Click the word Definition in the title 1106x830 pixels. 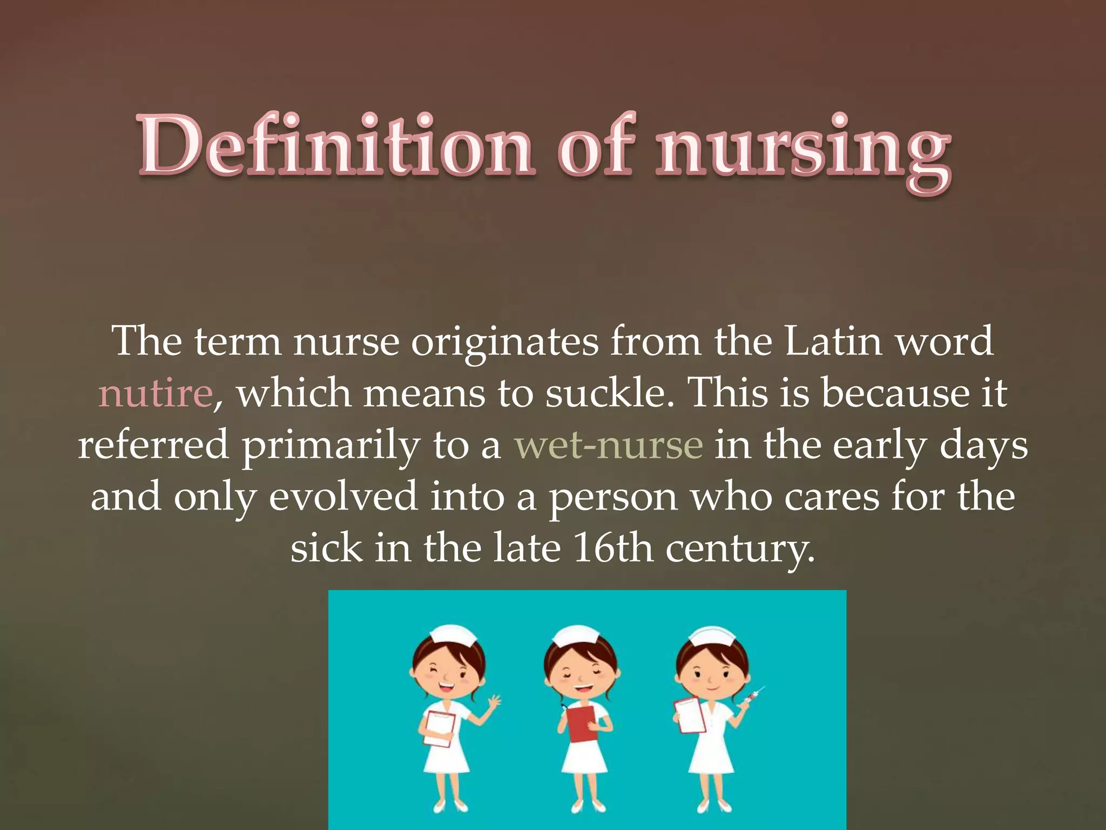[x=335, y=145]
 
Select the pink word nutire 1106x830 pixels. [x=156, y=393]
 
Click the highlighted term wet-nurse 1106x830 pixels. [x=609, y=445]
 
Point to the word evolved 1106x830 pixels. [x=343, y=497]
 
